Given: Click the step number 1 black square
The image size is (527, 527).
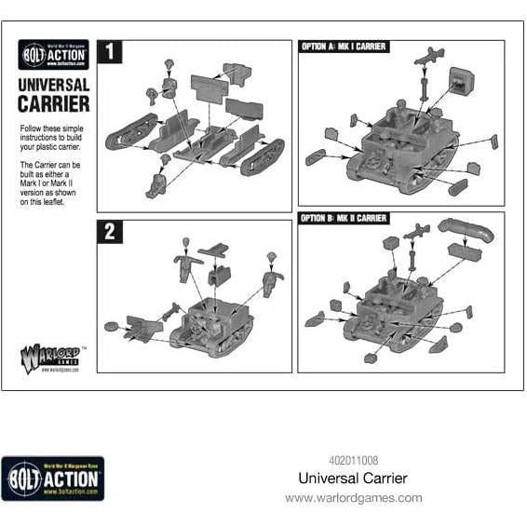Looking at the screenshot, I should (x=110, y=52).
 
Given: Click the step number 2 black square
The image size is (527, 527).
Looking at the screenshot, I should (x=110, y=231).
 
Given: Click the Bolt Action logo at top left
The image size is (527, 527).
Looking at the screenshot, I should (x=54, y=55).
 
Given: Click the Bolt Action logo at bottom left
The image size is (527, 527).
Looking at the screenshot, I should (x=52, y=479).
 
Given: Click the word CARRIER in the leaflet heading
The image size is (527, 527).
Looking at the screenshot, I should (x=54, y=103).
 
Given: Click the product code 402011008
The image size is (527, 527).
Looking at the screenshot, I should (x=353, y=459).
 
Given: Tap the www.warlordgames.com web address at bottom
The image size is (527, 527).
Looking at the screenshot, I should (x=353, y=498).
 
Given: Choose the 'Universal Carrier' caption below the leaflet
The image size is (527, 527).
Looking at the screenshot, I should (x=353, y=479).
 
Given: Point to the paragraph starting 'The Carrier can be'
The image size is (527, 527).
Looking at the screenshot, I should (x=53, y=182).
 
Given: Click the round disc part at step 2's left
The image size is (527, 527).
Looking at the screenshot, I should (x=113, y=326).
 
